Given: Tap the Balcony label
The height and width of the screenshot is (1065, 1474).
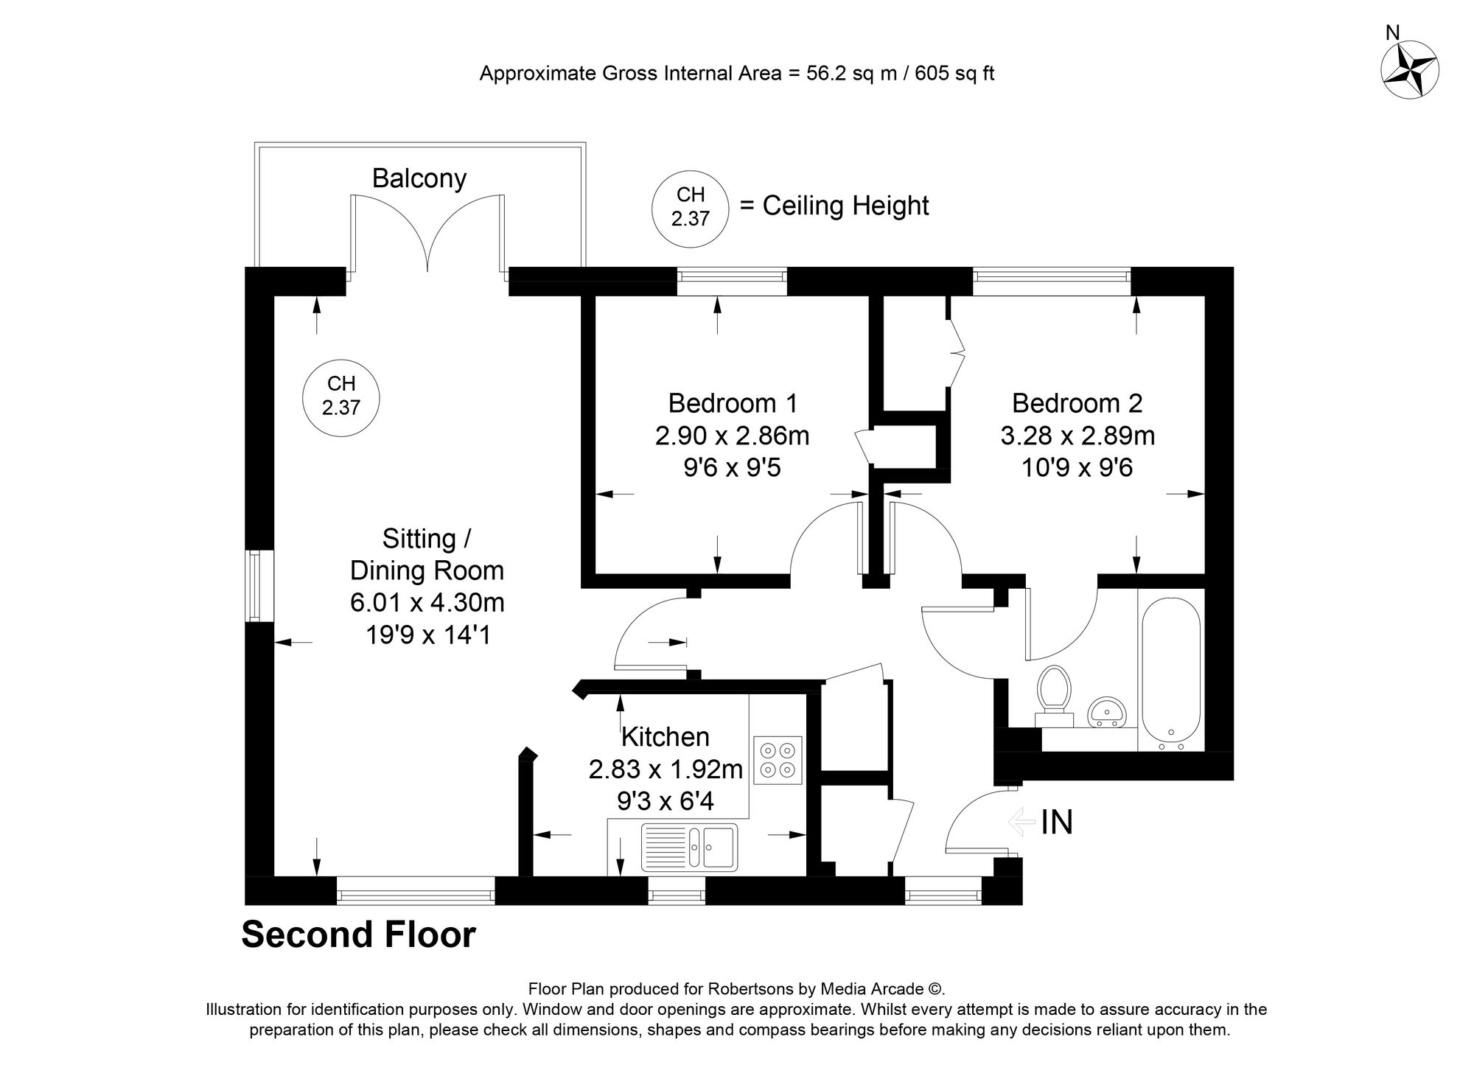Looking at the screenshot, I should click(419, 178).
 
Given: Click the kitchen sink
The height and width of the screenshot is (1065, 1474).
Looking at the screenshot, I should click(689, 846).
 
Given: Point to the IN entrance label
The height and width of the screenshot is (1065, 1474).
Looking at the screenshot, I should click(1056, 823).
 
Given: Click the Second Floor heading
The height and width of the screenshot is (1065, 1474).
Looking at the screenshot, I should click(358, 935).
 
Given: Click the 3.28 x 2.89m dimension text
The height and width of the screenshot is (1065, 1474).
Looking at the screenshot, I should click(1077, 436).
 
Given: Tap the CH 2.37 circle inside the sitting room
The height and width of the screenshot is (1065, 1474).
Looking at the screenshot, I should click(341, 395).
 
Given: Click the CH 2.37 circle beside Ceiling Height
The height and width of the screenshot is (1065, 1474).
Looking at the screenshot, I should click(691, 207).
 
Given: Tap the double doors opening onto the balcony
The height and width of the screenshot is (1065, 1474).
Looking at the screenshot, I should click(427, 236).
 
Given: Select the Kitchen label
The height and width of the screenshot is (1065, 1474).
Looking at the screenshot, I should click(665, 736).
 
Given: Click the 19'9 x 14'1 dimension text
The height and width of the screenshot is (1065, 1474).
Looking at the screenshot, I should click(427, 635).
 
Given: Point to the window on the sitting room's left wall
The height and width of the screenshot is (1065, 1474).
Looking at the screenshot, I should click(255, 586).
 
